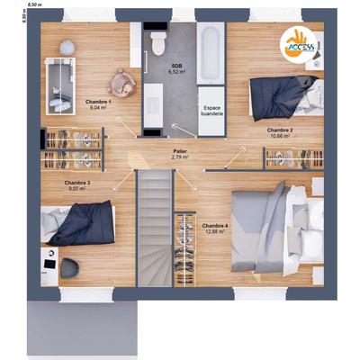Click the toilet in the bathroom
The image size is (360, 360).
(157, 42)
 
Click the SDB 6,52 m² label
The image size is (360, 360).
(178, 68)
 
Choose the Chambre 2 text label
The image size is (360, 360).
(280, 132)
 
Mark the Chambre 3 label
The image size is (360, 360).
(76, 185)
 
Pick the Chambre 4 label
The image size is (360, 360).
(215, 228)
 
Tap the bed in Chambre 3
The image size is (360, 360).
(79, 222)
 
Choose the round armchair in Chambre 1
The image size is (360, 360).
(121, 81)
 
